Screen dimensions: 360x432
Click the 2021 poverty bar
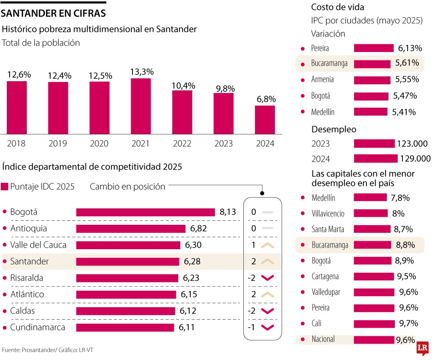[140, 106]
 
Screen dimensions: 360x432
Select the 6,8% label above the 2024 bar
[265, 99]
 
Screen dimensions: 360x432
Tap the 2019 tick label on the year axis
[58, 144]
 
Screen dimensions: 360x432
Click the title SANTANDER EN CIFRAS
[53, 13]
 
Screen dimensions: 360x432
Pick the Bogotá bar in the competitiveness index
[145, 212]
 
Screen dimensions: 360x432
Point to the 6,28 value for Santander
[192, 262]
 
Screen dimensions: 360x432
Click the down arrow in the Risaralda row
[267, 278]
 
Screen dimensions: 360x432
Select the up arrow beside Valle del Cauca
[267, 245]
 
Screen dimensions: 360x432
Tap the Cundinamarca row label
[38, 327]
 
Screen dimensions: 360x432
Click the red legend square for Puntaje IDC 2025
[5, 187]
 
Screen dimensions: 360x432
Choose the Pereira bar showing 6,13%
[374, 48]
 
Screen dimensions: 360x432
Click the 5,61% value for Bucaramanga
[407, 63]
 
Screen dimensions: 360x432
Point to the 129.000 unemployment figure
[415, 159]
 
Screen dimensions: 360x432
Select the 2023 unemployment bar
[374, 144]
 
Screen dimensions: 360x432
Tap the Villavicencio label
[328, 214]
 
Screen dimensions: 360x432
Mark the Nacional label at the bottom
[323, 339]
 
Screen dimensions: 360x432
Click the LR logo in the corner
[422, 349]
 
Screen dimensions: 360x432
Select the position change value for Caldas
[251, 311]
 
